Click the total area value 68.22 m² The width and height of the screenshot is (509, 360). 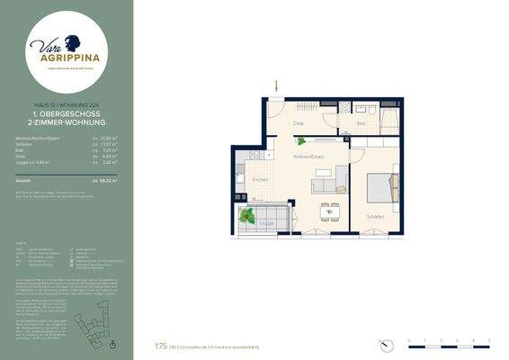(111, 181)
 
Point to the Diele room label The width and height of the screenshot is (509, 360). (300, 123)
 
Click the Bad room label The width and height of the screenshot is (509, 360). (360, 123)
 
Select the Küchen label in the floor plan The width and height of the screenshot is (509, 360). (259, 180)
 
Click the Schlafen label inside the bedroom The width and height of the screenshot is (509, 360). (375, 216)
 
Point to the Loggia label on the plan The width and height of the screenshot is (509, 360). (267, 222)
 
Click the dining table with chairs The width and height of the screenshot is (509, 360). (329, 212)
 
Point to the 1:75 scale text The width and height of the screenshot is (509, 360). (161, 344)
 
